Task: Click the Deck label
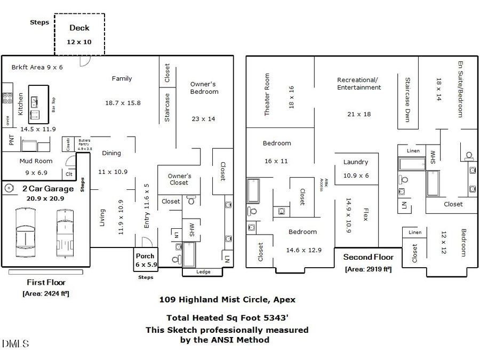point(79,28)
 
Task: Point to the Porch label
point(145,256)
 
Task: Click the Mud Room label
point(36,161)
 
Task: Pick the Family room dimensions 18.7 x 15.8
point(123,102)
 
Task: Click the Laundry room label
point(356,162)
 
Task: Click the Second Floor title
point(368,257)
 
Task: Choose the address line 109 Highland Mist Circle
point(227,300)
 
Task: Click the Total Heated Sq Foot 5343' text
point(227,317)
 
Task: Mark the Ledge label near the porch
point(203,272)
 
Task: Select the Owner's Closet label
point(179,179)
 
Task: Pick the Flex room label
point(366,214)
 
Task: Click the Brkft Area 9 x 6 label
point(37,68)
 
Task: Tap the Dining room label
point(111,153)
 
